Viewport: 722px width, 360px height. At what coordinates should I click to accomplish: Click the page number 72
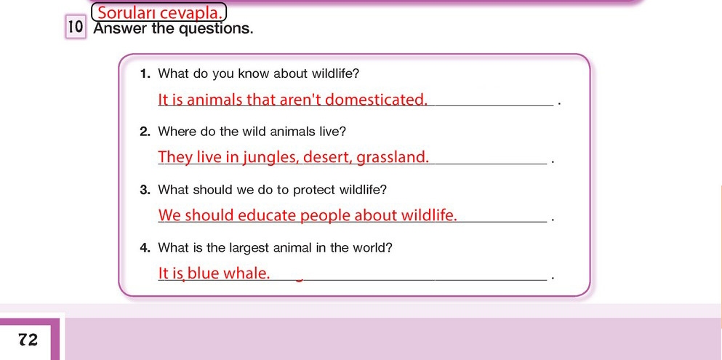[28, 340]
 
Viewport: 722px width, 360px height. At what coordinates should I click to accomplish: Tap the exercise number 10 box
[76, 28]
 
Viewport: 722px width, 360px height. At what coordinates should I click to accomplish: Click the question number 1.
[145, 73]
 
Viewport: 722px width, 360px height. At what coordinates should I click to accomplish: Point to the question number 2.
[145, 132]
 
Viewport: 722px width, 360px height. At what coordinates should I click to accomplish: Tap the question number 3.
[145, 190]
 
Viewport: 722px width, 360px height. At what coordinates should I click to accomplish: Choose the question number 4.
[145, 248]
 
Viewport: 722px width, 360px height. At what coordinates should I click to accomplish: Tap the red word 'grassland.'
[393, 157]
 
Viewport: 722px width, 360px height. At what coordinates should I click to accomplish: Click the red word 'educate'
[269, 215]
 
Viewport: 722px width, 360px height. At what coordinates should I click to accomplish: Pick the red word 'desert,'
[329, 157]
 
